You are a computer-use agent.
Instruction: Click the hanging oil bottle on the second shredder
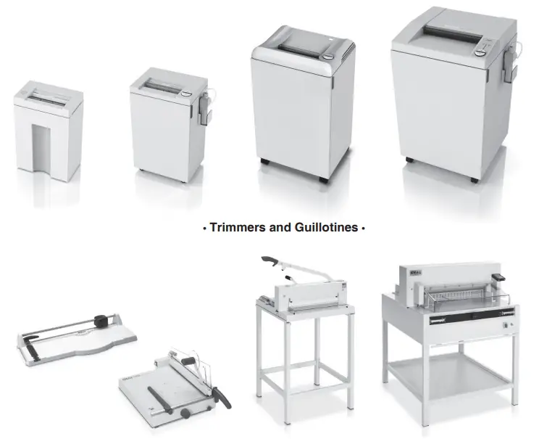206,105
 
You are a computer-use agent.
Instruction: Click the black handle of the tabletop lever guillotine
163,399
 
